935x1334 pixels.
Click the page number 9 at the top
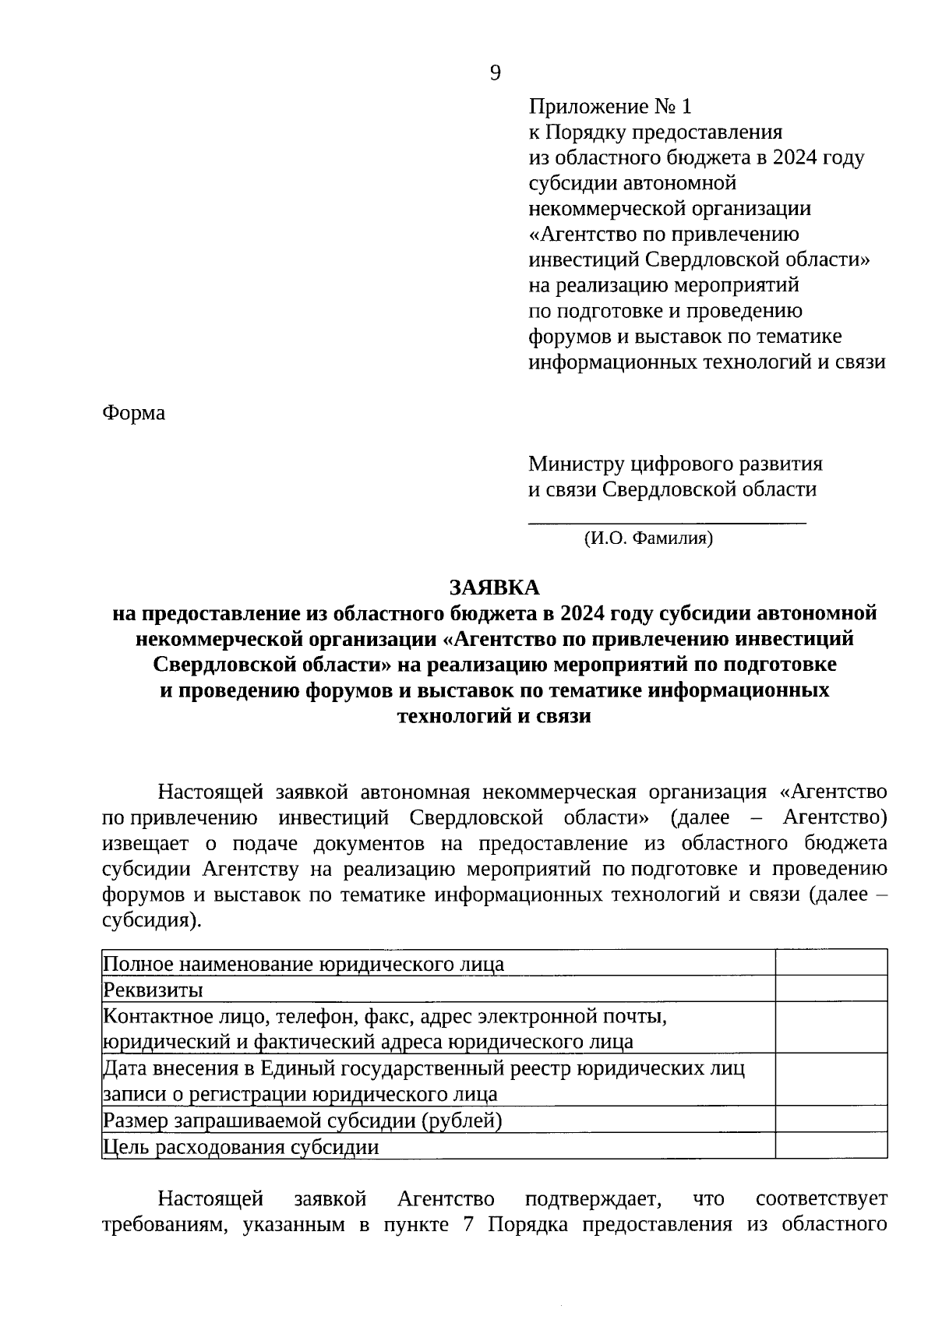(x=496, y=73)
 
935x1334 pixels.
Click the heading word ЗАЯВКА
(x=494, y=587)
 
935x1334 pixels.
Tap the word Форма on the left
(x=133, y=413)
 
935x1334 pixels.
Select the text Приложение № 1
(x=610, y=106)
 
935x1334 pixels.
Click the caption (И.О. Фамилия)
(x=648, y=538)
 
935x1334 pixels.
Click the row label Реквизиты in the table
(x=153, y=990)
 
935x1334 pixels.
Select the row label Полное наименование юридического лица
(x=304, y=964)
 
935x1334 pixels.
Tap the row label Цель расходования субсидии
(x=242, y=1146)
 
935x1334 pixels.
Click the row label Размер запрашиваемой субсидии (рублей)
(x=302, y=1120)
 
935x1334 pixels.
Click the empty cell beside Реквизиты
(x=831, y=989)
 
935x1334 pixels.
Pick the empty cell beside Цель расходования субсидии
(x=831, y=1145)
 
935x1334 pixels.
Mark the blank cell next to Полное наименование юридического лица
(x=831, y=963)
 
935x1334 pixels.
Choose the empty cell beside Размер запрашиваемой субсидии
(x=831, y=1119)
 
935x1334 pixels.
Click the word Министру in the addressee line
(x=575, y=464)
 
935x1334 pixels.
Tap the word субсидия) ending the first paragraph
(x=151, y=919)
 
